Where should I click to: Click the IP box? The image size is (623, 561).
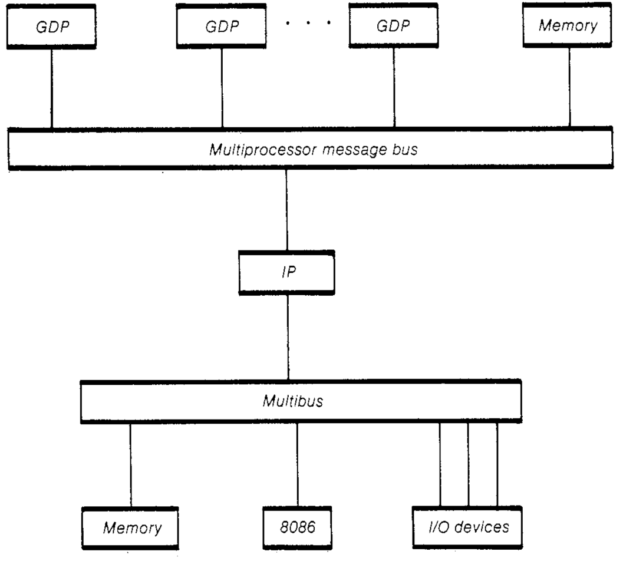[x=286, y=273]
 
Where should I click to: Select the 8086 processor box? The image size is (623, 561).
[x=296, y=526]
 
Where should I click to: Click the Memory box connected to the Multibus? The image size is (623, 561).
[x=130, y=527]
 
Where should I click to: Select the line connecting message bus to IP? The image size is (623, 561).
[x=286, y=209]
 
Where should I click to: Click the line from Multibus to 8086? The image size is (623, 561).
[x=296, y=464]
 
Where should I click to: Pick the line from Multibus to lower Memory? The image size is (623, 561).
[x=130, y=464]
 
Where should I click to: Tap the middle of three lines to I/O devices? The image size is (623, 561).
[x=469, y=464]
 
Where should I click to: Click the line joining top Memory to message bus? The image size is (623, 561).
[x=569, y=87]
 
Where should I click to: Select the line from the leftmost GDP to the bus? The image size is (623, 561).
[x=51, y=88]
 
